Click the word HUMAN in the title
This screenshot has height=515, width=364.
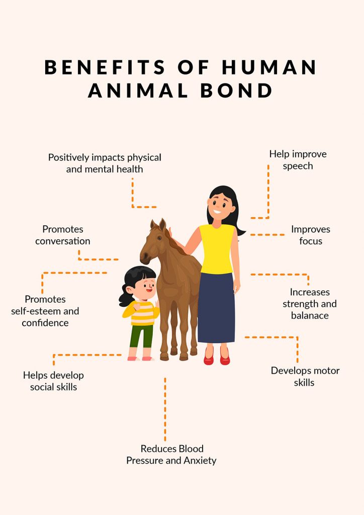269,67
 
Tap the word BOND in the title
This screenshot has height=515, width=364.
236,91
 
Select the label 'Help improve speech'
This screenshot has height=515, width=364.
298,160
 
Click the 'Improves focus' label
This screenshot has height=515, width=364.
311,235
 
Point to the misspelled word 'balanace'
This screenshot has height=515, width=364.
310,316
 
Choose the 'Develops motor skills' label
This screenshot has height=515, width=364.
305,376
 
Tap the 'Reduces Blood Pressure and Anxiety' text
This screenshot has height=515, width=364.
171,455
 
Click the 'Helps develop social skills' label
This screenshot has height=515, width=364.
53,381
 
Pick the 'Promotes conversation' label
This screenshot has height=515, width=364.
63,235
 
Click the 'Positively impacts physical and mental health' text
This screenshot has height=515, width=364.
105,163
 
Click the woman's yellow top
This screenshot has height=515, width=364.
217,249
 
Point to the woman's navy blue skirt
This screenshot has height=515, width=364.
216,308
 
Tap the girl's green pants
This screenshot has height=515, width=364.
141,336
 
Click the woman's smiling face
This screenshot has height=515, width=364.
219,206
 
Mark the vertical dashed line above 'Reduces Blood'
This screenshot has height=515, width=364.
165,409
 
